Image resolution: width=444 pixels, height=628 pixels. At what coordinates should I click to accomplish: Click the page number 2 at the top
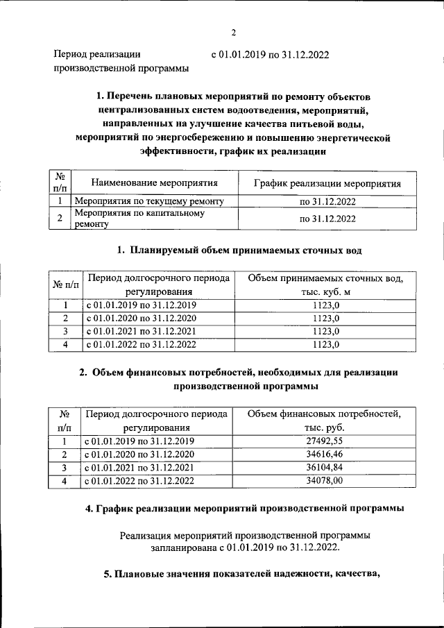[x=234, y=32]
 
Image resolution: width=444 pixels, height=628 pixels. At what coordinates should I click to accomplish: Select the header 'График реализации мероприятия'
[x=327, y=183]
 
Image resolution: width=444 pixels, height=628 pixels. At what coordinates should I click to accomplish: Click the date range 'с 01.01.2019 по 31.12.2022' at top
[x=270, y=54]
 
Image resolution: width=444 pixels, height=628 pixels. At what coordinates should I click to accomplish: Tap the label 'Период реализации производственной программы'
[x=121, y=61]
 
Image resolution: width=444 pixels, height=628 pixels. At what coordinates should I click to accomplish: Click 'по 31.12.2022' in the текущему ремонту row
[x=327, y=201]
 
